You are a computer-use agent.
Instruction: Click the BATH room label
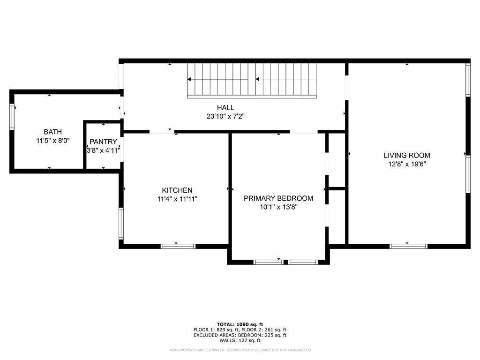[52, 132]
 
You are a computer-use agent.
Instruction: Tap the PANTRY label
[103, 142]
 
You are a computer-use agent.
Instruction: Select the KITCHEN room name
[177, 190]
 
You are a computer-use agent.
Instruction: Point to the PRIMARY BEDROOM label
[278, 198]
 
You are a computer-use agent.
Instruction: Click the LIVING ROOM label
[407, 156]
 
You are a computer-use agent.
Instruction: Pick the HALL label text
[225, 108]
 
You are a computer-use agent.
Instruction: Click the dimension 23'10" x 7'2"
[225, 116]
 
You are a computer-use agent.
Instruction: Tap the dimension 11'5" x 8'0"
[52, 140]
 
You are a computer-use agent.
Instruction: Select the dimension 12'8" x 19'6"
[407, 164]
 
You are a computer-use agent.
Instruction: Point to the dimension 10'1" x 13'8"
[278, 207]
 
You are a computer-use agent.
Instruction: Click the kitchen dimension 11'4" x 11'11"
[177, 199]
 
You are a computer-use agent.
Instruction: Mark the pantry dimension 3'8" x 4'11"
[103, 150]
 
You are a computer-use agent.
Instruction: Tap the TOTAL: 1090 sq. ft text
[240, 324]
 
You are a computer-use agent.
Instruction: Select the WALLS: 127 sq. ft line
[240, 340]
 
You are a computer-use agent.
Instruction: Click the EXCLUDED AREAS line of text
[240, 335]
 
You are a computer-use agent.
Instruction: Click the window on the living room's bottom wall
[408, 246]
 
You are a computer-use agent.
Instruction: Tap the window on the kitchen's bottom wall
[178, 246]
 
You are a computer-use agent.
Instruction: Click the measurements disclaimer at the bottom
[240, 350]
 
